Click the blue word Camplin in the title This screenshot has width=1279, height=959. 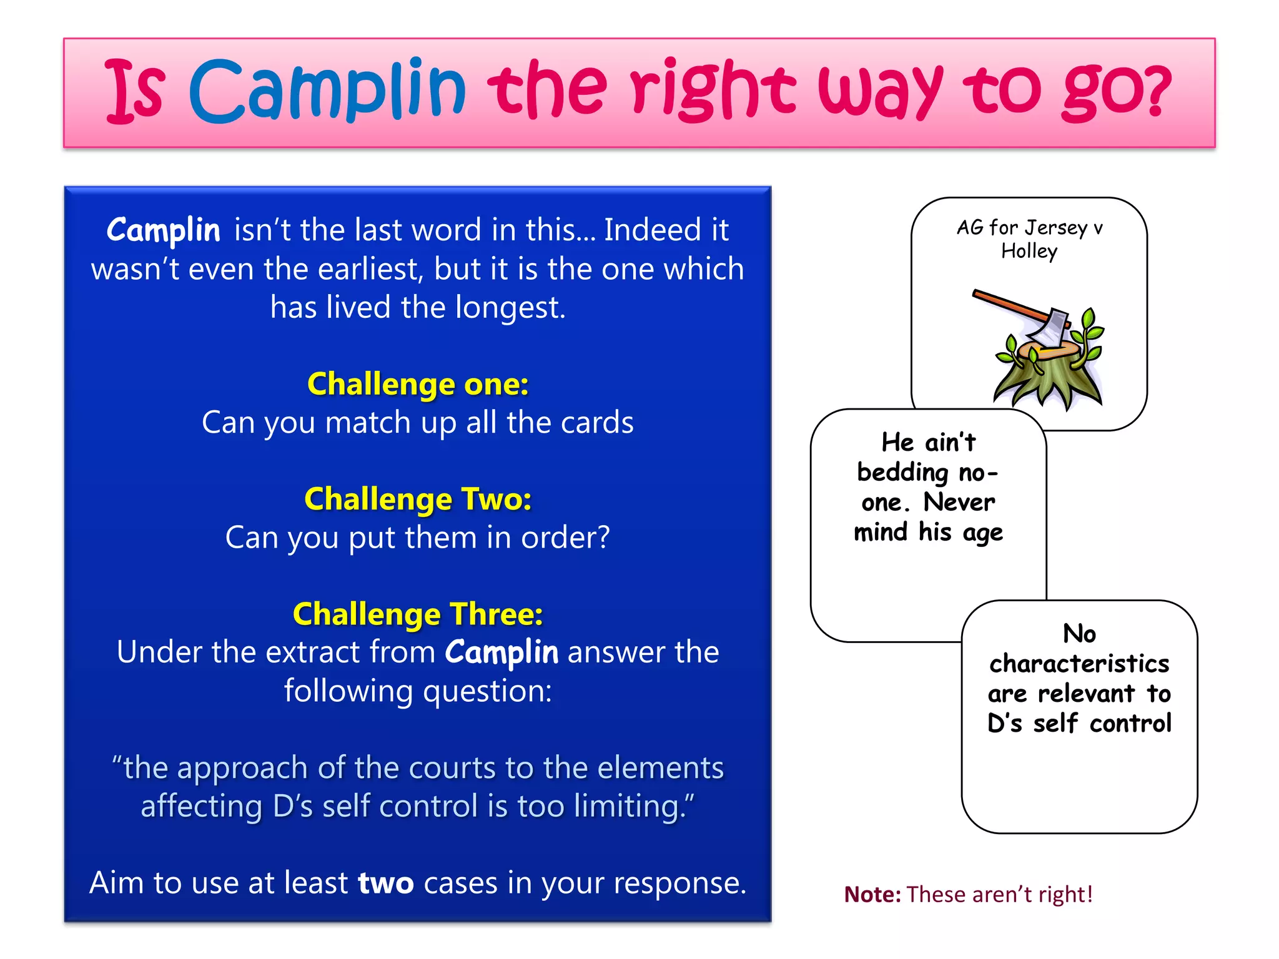click(327, 91)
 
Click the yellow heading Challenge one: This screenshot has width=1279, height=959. click(418, 383)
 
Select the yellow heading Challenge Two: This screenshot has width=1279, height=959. click(418, 499)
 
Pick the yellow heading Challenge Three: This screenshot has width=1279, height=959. click(418, 614)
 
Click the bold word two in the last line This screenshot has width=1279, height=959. click(385, 883)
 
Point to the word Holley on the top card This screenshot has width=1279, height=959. click(1029, 251)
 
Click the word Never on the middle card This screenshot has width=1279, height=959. click(959, 502)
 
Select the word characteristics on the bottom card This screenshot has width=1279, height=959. click(1079, 664)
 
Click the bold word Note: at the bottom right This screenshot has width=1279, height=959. click(872, 894)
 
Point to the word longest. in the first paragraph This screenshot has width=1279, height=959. click(510, 308)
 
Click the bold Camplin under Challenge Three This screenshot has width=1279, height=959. click(501, 652)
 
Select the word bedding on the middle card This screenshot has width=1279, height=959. click(902, 473)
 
